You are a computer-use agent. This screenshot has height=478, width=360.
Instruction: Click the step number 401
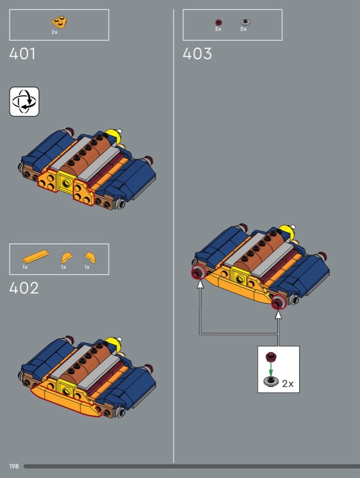(22, 54)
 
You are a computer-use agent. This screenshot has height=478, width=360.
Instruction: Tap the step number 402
(24, 288)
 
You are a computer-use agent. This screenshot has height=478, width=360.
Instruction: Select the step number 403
(197, 54)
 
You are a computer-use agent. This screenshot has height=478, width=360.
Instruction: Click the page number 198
(14, 466)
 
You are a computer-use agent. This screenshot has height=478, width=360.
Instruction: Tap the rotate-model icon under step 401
(25, 102)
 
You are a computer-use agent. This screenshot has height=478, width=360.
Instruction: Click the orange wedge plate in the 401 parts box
(59, 22)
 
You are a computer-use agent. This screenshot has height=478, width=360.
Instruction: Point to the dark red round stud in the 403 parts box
(218, 22)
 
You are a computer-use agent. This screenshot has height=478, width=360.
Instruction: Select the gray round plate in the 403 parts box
(245, 22)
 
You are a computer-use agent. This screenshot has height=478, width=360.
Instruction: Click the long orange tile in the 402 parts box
(36, 256)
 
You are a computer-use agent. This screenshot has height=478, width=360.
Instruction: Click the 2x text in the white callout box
(288, 384)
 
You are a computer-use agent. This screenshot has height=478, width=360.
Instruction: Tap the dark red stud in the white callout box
(271, 357)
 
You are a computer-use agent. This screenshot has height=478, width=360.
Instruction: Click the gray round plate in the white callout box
(271, 381)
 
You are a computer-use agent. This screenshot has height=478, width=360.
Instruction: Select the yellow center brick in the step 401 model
(66, 182)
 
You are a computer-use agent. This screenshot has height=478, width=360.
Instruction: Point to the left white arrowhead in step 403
(200, 284)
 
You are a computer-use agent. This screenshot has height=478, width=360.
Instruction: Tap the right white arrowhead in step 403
(278, 314)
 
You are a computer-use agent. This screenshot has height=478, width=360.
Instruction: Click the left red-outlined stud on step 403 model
(198, 272)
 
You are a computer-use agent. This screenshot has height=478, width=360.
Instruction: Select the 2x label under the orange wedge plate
(54, 32)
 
